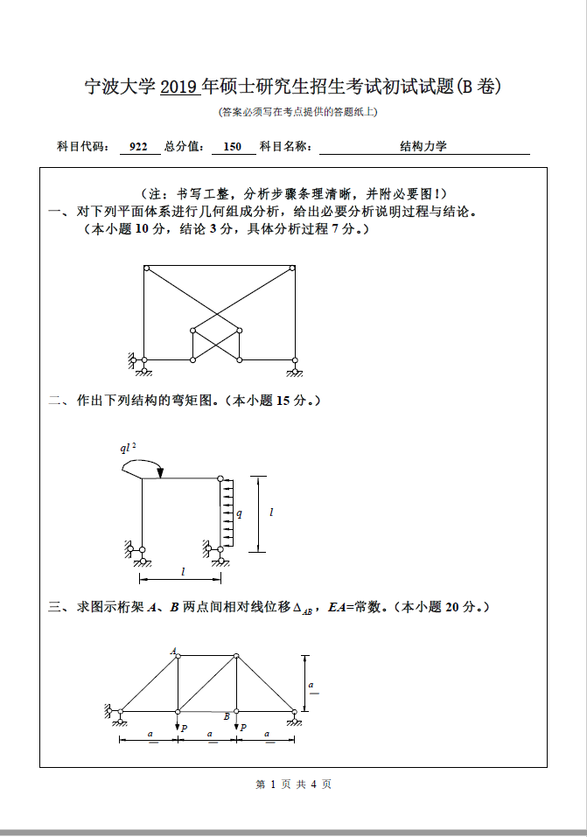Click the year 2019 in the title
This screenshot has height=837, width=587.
[180, 87]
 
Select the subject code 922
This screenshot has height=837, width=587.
[138, 147]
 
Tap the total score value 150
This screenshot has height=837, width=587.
[233, 147]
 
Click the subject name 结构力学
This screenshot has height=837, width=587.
[423, 147]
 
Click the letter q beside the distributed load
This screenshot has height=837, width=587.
[239, 514]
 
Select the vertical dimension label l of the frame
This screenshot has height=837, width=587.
[271, 513]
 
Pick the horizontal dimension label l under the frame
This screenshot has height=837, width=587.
[183, 571]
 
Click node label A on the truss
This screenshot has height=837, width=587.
[173, 650]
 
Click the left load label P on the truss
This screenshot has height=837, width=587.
[184, 728]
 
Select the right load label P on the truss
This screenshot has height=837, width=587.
[242, 728]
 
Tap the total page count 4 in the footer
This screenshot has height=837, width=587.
[313, 785]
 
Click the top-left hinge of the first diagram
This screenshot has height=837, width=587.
[146, 268]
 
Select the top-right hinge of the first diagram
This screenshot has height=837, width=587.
[294, 268]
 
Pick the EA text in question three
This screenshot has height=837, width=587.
[336, 606]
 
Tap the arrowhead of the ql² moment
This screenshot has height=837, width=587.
[160, 475]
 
